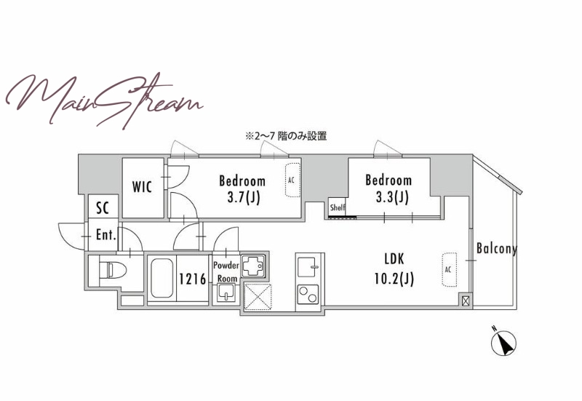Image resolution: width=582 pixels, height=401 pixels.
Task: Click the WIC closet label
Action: coord(142,187)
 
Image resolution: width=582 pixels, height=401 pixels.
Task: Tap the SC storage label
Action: coord(103,208)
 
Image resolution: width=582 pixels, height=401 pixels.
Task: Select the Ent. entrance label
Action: coord(105,234)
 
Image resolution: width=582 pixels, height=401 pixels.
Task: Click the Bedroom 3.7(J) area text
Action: coord(242,189)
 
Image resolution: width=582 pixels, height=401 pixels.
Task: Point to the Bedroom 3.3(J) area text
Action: coord(388,188)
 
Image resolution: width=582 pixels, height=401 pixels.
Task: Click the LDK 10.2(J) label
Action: coord(394,269)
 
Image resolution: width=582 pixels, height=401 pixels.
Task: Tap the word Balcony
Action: coord(497,248)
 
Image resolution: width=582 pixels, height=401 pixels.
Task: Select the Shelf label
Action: coord(338,207)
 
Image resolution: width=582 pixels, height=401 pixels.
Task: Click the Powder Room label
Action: coord(226,271)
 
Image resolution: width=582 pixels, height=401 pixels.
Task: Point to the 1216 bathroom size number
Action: coord(193,279)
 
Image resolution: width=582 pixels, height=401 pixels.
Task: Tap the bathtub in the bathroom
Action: coord(161,278)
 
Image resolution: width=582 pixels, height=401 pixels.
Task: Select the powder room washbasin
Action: coord(226,293)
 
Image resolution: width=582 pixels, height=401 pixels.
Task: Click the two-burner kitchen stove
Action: coord(308,295)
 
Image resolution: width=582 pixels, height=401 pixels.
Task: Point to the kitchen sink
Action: coord(308,267)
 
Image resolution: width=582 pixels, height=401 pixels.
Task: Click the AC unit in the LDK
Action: coord(449,270)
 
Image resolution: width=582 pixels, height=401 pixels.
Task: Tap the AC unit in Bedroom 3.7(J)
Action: coord(292,180)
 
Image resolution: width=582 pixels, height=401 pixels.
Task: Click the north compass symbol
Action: coord(503,342)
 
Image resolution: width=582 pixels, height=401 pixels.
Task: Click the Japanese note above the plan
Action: coord(286,136)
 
